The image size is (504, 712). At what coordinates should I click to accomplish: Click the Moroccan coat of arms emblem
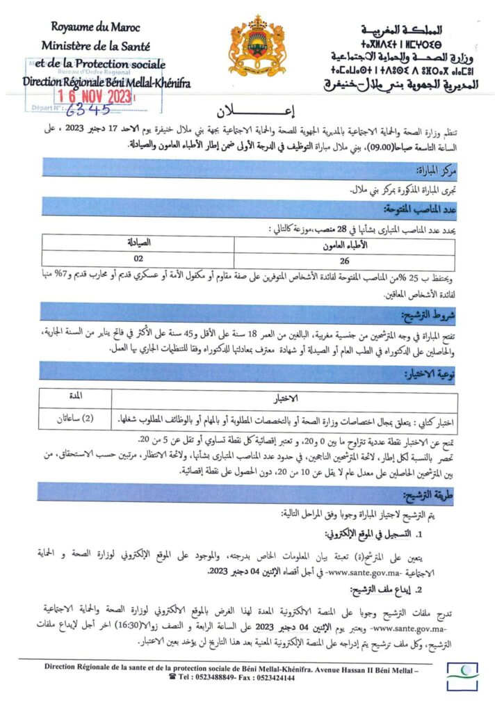[x=256, y=46]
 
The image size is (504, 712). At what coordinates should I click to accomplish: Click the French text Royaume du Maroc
[x=96, y=28]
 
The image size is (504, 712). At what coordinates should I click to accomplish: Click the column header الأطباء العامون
[x=345, y=245]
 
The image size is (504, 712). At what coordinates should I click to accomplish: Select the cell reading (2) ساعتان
[x=76, y=419]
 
